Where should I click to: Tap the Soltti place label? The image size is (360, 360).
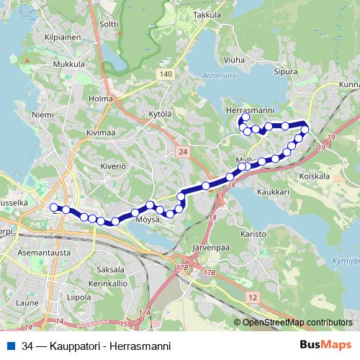(x=109, y=24)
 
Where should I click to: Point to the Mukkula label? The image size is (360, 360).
(x=68, y=64)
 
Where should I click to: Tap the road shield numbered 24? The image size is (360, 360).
(x=182, y=151)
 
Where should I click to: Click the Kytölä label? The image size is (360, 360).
(x=161, y=114)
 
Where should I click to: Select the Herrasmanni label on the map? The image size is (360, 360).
(x=248, y=109)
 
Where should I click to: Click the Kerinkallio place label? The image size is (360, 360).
(x=108, y=283)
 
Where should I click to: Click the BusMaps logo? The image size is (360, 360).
(x=325, y=345)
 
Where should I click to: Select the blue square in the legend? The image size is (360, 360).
(x=11, y=346)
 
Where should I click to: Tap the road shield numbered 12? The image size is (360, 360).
(x=251, y=297)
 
